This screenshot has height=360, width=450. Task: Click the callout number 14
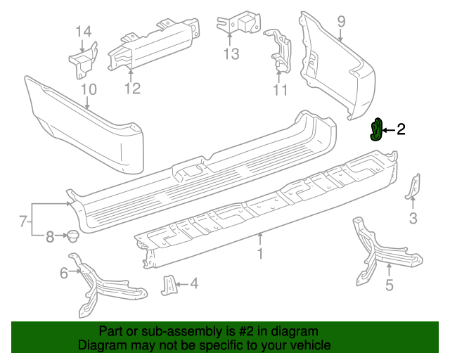(84, 31)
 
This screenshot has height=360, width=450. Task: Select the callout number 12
(132, 89)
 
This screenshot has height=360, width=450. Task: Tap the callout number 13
(231, 53)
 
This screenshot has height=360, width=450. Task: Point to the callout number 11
(280, 90)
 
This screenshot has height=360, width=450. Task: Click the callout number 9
(341, 22)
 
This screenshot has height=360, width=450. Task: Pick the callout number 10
(88, 89)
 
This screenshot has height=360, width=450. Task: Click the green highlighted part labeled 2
(377, 130)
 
